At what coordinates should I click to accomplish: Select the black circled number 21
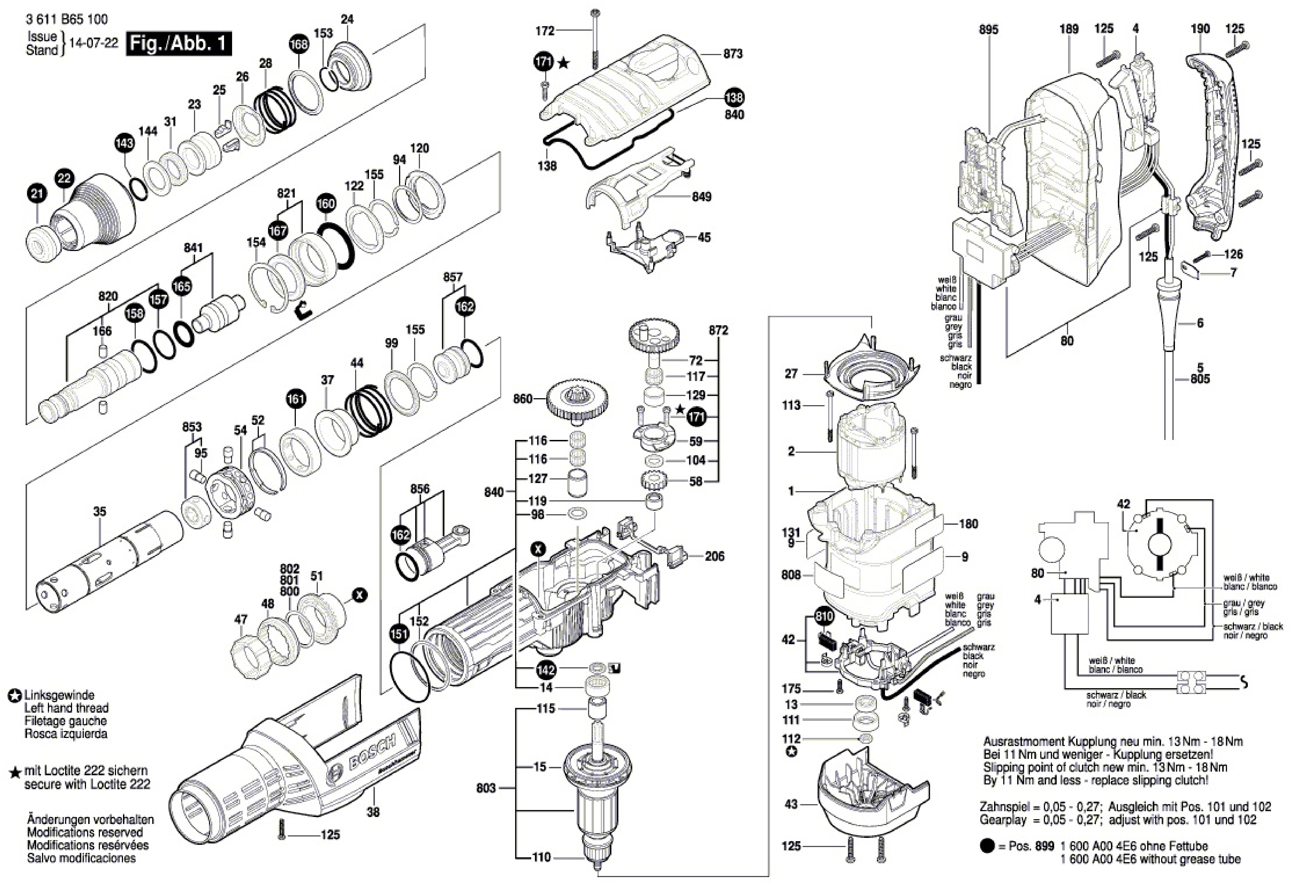click(x=37, y=194)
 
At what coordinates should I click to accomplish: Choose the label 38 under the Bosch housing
click(x=373, y=812)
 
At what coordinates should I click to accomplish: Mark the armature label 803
click(x=486, y=788)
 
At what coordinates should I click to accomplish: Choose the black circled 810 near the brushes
click(x=824, y=617)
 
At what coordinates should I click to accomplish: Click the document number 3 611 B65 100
click(x=67, y=19)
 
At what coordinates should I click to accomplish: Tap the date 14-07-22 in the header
click(x=93, y=43)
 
